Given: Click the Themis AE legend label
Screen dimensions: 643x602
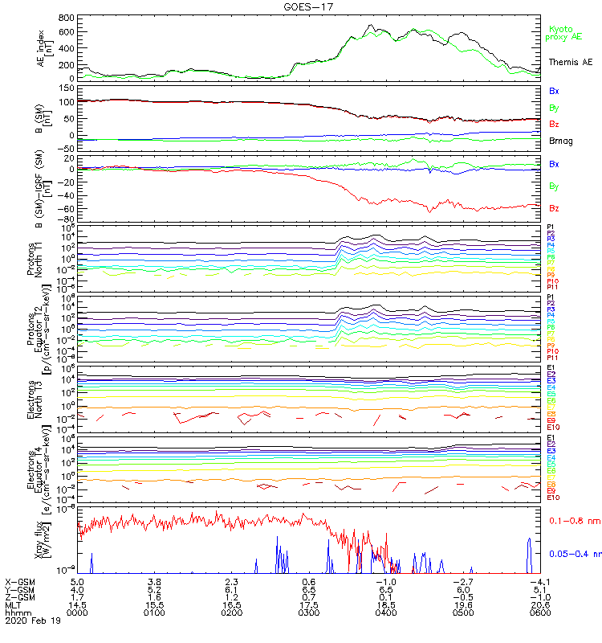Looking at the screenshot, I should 569,62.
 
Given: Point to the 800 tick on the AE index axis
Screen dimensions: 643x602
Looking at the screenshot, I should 67,18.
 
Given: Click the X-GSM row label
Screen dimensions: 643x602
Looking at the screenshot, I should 19,580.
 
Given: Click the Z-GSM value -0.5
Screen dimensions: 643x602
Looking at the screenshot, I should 462,596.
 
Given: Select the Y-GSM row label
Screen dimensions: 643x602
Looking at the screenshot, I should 19,588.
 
